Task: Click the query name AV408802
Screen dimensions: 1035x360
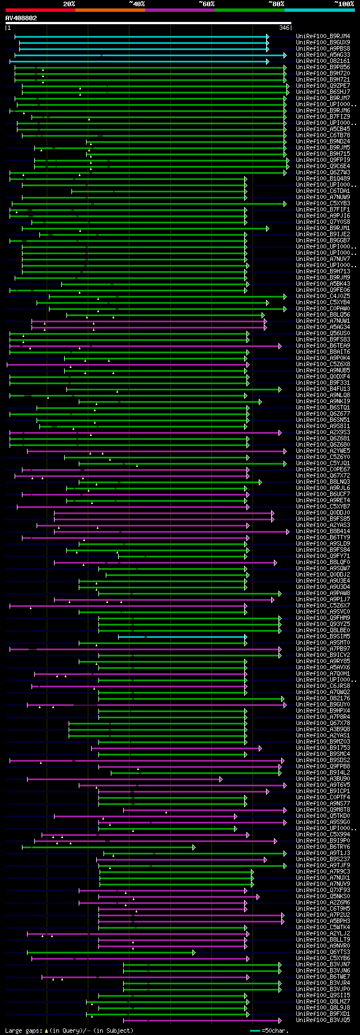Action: pyautogui.click(x=21, y=18)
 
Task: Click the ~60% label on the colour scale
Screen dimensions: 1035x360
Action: pyautogui.click(x=206, y=4)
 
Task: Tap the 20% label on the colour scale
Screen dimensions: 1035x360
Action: pyautogui.click(x=69, y=4)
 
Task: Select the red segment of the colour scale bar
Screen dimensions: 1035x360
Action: pyautogui.click(x=40, y=10)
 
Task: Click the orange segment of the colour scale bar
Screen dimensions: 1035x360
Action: pyautogui.click(x=110, y=10)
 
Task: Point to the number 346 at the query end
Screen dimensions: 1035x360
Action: pyautogui.click(x=283, y=28)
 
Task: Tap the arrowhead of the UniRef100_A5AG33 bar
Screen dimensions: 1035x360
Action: pyautogui.click(x=285, y=55)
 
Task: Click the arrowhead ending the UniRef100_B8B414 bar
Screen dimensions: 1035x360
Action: pyautogui.click(x=287, y=531)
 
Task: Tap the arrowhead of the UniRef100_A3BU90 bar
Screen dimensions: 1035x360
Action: pyautogui.click(x=221, y=778)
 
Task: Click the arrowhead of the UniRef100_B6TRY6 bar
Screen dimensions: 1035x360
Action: pyautogui.click(x=194, y=847)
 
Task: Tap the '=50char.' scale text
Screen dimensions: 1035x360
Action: pyautogui.click(x=275, y=1030)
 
